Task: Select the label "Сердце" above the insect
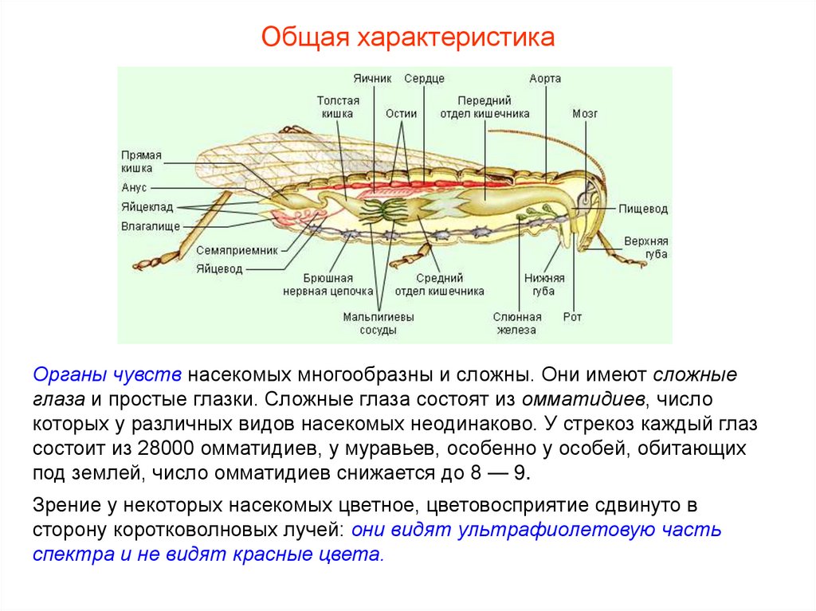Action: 424,79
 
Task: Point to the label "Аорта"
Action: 545,79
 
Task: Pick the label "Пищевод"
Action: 643,210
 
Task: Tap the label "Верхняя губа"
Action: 645,247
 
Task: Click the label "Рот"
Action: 572,317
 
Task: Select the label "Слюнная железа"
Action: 517,323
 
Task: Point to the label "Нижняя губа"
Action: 544,284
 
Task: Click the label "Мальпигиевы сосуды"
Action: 379,323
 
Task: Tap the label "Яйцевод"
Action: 219,268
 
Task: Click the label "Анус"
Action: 134,188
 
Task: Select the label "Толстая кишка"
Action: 338,108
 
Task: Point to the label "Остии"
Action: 402,113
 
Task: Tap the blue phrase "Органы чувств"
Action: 108,374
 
